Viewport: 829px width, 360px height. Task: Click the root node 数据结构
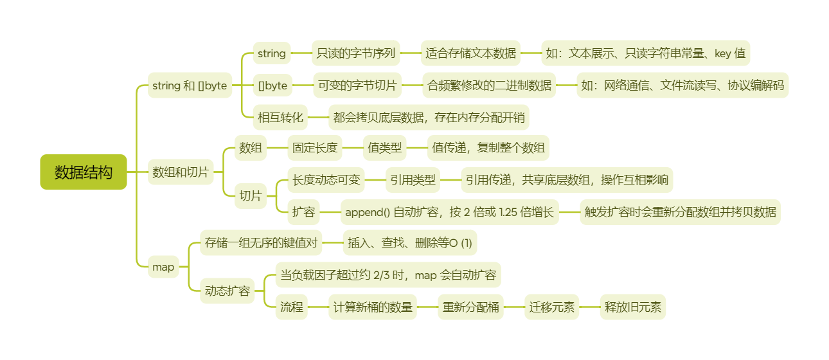click(x=84, y=172)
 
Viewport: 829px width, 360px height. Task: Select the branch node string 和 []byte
click(x=190, y=85)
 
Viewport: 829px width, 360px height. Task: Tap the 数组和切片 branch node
click(x=181, y=172)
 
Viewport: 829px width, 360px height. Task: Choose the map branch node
click(x=163, y=267)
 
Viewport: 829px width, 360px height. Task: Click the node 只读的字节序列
click(x=356, y=53)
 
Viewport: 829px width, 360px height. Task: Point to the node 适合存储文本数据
click(x=470, y=53)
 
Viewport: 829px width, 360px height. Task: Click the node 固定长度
click(x=315, y=148)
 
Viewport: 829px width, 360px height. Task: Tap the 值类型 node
click(x=385, y=148)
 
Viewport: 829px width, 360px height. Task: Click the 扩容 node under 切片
click(x=304, y=212)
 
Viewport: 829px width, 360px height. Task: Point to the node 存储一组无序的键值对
click(x=260, y=243)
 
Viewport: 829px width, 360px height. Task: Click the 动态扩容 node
click(x=227, y=291)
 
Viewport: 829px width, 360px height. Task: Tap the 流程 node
click(x=292, y=307)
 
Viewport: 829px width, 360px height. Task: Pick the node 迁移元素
click(x=552, y=307)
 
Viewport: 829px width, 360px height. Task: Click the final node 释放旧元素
click(x=632, y=307)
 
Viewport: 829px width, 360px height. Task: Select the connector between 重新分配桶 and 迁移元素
click(x=514, y=307)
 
